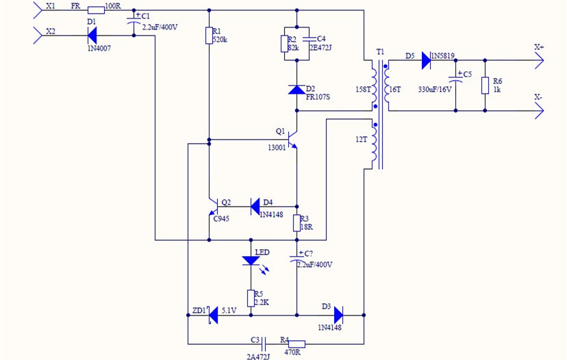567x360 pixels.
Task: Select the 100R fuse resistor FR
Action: tap(94, 10)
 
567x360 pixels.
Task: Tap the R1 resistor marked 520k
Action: tap(209, 36)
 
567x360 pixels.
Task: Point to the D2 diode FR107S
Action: tap(297, 89)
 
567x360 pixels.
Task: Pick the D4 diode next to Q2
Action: tap(255, 205)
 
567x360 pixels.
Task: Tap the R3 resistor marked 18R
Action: tap(297, 223)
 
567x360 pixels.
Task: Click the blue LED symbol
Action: tap(252, 261)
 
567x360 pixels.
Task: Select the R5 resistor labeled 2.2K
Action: tap(252, 296)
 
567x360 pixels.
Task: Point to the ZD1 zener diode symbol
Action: tap(212, 315)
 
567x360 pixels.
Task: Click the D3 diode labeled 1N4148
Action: tap(338, 315)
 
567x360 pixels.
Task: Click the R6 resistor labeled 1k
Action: tap(485, 86)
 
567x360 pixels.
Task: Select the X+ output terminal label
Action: tap(539, 48)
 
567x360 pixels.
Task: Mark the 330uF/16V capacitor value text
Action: tap(435, 89)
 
